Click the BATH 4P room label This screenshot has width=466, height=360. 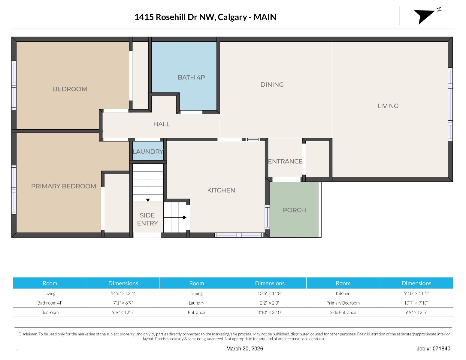click(191, 77)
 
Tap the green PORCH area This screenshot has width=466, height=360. click(294, 209)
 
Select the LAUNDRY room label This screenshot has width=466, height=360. click(148, 151)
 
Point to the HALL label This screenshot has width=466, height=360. click(162, 124)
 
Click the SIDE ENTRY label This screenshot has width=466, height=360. click(147, 219)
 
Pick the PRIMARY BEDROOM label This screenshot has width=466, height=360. click(63, 186)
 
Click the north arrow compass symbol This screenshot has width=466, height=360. click(427, 16)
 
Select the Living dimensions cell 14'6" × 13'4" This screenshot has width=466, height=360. click(123, 293)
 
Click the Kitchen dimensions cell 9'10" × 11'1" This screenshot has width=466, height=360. click(416, 293)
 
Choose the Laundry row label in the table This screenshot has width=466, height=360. click(196, 303)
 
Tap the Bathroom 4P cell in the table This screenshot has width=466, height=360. click(50, 303)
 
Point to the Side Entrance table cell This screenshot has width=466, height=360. click(343, 312)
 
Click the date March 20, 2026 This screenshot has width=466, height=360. click(244, 348)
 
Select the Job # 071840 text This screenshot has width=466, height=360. click(433, 348)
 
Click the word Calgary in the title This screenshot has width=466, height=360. click(232, 17)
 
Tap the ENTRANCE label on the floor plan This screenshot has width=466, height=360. click(285, 161)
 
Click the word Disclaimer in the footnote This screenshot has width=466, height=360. click(28, 334)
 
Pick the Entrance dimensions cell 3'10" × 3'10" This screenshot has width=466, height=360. click(270, 312)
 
